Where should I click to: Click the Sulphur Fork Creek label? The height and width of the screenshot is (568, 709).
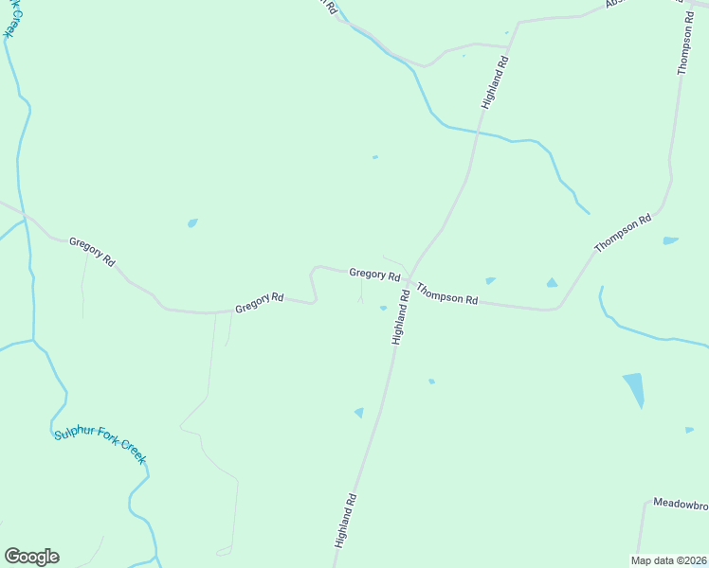pyautogui.click(x=100, y=446)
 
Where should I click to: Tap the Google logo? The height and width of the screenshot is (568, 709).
pyautogui.click(x=31, y=557)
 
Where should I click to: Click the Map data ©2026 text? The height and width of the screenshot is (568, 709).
pyautogui.click(x=669, y=559)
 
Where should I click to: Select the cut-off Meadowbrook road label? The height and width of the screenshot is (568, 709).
pyautogui.click(x=681, y=503)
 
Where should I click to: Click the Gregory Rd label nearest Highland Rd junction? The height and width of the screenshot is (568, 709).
pyautogui.click(x=374, y=274)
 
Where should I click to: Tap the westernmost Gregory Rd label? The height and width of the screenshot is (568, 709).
pyautogui.click(x=92, y=252)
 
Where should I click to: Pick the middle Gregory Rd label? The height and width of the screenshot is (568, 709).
pyautogui.click(x=260, y=303)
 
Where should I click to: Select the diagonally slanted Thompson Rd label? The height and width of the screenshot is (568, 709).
pyautogui.click(x=623, y=233)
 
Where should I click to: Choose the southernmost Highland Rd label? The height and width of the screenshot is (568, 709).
pyautogui.click(x=344, y=521)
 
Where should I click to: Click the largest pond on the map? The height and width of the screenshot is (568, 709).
pyautogui.click(x=633, y=388)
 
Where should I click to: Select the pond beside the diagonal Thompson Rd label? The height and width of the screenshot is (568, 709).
pyautogui.click(x=670, y=240)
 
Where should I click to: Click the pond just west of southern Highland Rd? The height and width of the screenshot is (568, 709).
pyautogui.click(x=359, y=412)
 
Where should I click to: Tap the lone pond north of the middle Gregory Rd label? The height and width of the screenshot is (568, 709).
pyautogui.click(x=192, y=223)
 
